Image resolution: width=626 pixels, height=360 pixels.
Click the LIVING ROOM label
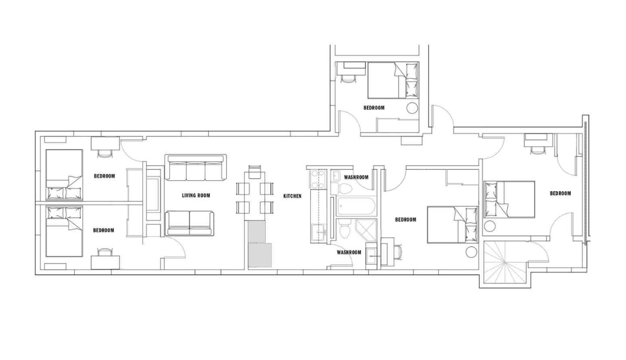point(196,196)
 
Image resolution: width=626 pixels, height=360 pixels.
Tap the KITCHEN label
point(292,196)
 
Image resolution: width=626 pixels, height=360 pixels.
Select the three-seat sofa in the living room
point(196,168)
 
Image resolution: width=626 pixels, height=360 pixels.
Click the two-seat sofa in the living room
point(190,223)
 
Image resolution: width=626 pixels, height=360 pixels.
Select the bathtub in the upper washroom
point(356,207)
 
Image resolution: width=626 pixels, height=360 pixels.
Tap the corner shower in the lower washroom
point(366,230)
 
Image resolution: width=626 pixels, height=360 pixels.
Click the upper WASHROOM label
point(356,177)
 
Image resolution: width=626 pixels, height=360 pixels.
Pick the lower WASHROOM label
point(349,252)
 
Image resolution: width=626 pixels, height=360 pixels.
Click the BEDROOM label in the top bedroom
point(374,108)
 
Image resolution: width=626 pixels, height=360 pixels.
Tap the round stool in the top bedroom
point(412,108)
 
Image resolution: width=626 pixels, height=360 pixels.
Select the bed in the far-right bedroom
point(509,199)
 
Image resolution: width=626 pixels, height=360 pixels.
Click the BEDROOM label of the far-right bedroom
point(560,193)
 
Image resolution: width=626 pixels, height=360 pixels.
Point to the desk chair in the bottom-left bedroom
point(105,252)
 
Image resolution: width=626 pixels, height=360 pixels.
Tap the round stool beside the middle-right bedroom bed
point(471,252)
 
